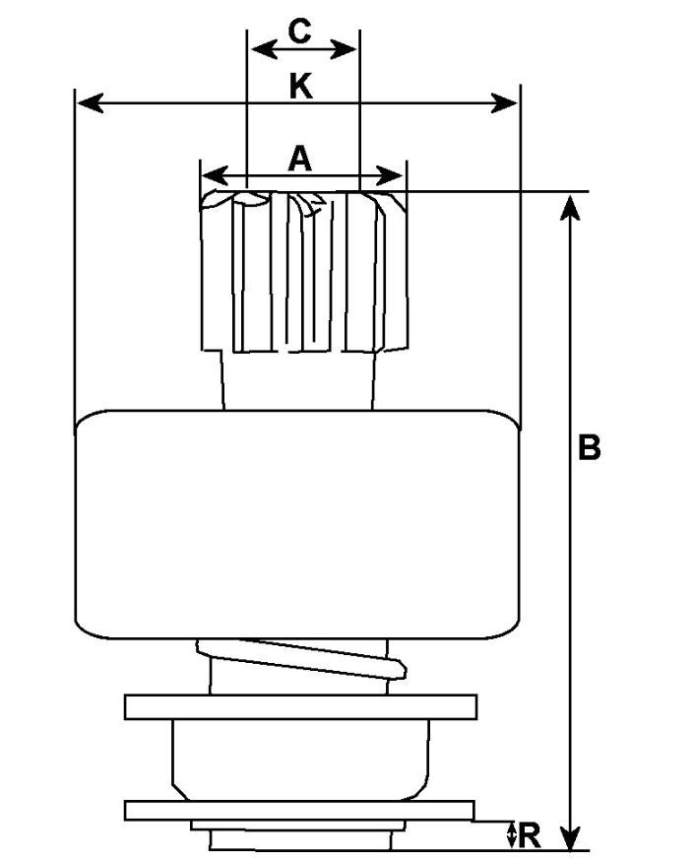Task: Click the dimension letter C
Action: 300,31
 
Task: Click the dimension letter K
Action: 300,87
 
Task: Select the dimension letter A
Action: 300,158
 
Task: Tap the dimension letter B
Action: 588,447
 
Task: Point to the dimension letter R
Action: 529,835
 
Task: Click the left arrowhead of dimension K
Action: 87,102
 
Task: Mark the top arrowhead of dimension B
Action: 570,204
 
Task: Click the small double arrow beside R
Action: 511,835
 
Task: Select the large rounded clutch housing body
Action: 298,522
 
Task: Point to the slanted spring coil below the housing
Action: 305,659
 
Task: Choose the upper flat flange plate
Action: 300,706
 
